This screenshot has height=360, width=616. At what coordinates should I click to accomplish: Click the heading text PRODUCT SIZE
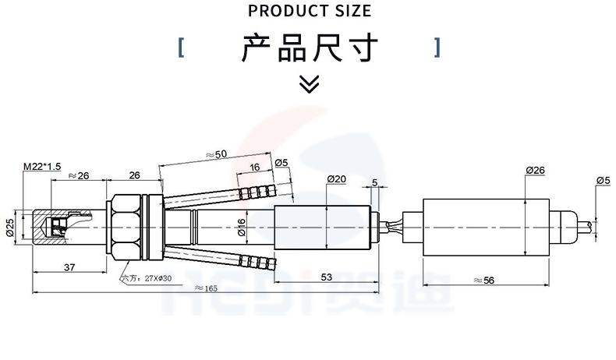click(x=309, y=11)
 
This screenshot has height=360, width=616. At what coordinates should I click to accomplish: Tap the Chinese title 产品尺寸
click(x=310, y=48)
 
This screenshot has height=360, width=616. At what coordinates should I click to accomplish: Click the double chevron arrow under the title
click(x=310, y=83)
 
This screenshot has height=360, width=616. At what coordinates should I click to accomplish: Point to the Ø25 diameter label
click(x=10, y=227)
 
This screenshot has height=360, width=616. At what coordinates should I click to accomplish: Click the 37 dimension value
click(x=69, y=267)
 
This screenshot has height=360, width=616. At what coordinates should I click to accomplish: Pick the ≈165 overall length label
click(x=205, y=288)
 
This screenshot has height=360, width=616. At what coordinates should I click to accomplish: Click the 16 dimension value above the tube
click(x=255, y=168)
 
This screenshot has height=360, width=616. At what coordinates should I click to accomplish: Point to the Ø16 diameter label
click(x=242, y=226)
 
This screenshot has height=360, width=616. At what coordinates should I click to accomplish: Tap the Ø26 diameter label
click(x=535, y=170)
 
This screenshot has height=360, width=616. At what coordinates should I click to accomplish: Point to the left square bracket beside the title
click(x=181, y=48)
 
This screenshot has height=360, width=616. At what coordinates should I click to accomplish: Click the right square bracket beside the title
click(x=437, y=48)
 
